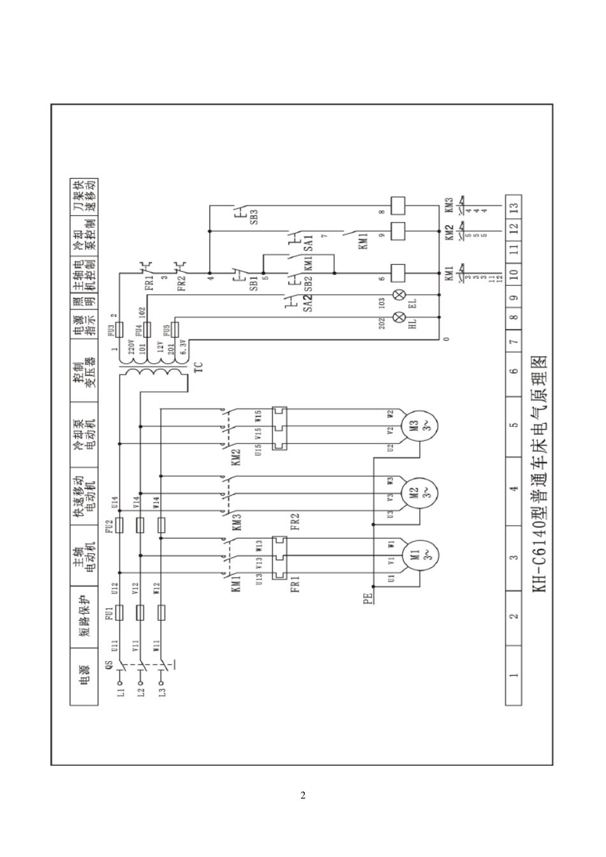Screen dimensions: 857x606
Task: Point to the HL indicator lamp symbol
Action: point(401,317)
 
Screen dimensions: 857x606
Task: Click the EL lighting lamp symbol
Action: point(401,295)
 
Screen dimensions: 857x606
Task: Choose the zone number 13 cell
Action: point(514,206)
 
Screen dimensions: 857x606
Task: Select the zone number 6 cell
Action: point(514,371)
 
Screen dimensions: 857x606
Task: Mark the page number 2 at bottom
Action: point(303,795)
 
